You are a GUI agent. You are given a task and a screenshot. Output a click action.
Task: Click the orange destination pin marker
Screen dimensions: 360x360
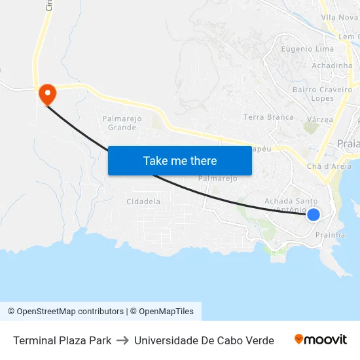click(47, 94)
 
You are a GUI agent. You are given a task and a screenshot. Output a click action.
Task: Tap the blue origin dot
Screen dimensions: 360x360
click(314, 214)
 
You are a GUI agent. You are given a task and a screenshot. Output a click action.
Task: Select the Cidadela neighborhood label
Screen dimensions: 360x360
click(143, 202)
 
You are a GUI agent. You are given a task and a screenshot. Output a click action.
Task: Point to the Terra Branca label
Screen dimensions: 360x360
click(268, 117)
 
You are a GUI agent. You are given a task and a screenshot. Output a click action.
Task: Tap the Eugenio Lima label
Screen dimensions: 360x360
click(307, 49)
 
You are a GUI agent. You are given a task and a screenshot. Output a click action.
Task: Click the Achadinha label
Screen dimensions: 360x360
click(332, 66)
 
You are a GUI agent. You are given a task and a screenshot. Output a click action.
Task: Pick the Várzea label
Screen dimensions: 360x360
click(320, 120)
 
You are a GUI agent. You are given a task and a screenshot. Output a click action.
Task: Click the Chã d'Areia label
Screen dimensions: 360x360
click(329, 166)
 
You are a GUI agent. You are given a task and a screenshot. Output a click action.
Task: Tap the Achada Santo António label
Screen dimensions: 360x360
click(291, 205)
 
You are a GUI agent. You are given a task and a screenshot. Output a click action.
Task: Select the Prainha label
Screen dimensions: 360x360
click(330, 234)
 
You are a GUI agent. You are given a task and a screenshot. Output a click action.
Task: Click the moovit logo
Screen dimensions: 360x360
click(320, 340)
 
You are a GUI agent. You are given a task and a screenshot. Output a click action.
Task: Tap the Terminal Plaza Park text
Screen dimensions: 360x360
click(62, 340)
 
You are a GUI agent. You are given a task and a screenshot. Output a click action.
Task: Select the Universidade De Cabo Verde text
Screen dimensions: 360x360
click(204, 340)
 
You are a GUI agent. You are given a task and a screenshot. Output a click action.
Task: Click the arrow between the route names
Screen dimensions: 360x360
click(122, 340)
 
